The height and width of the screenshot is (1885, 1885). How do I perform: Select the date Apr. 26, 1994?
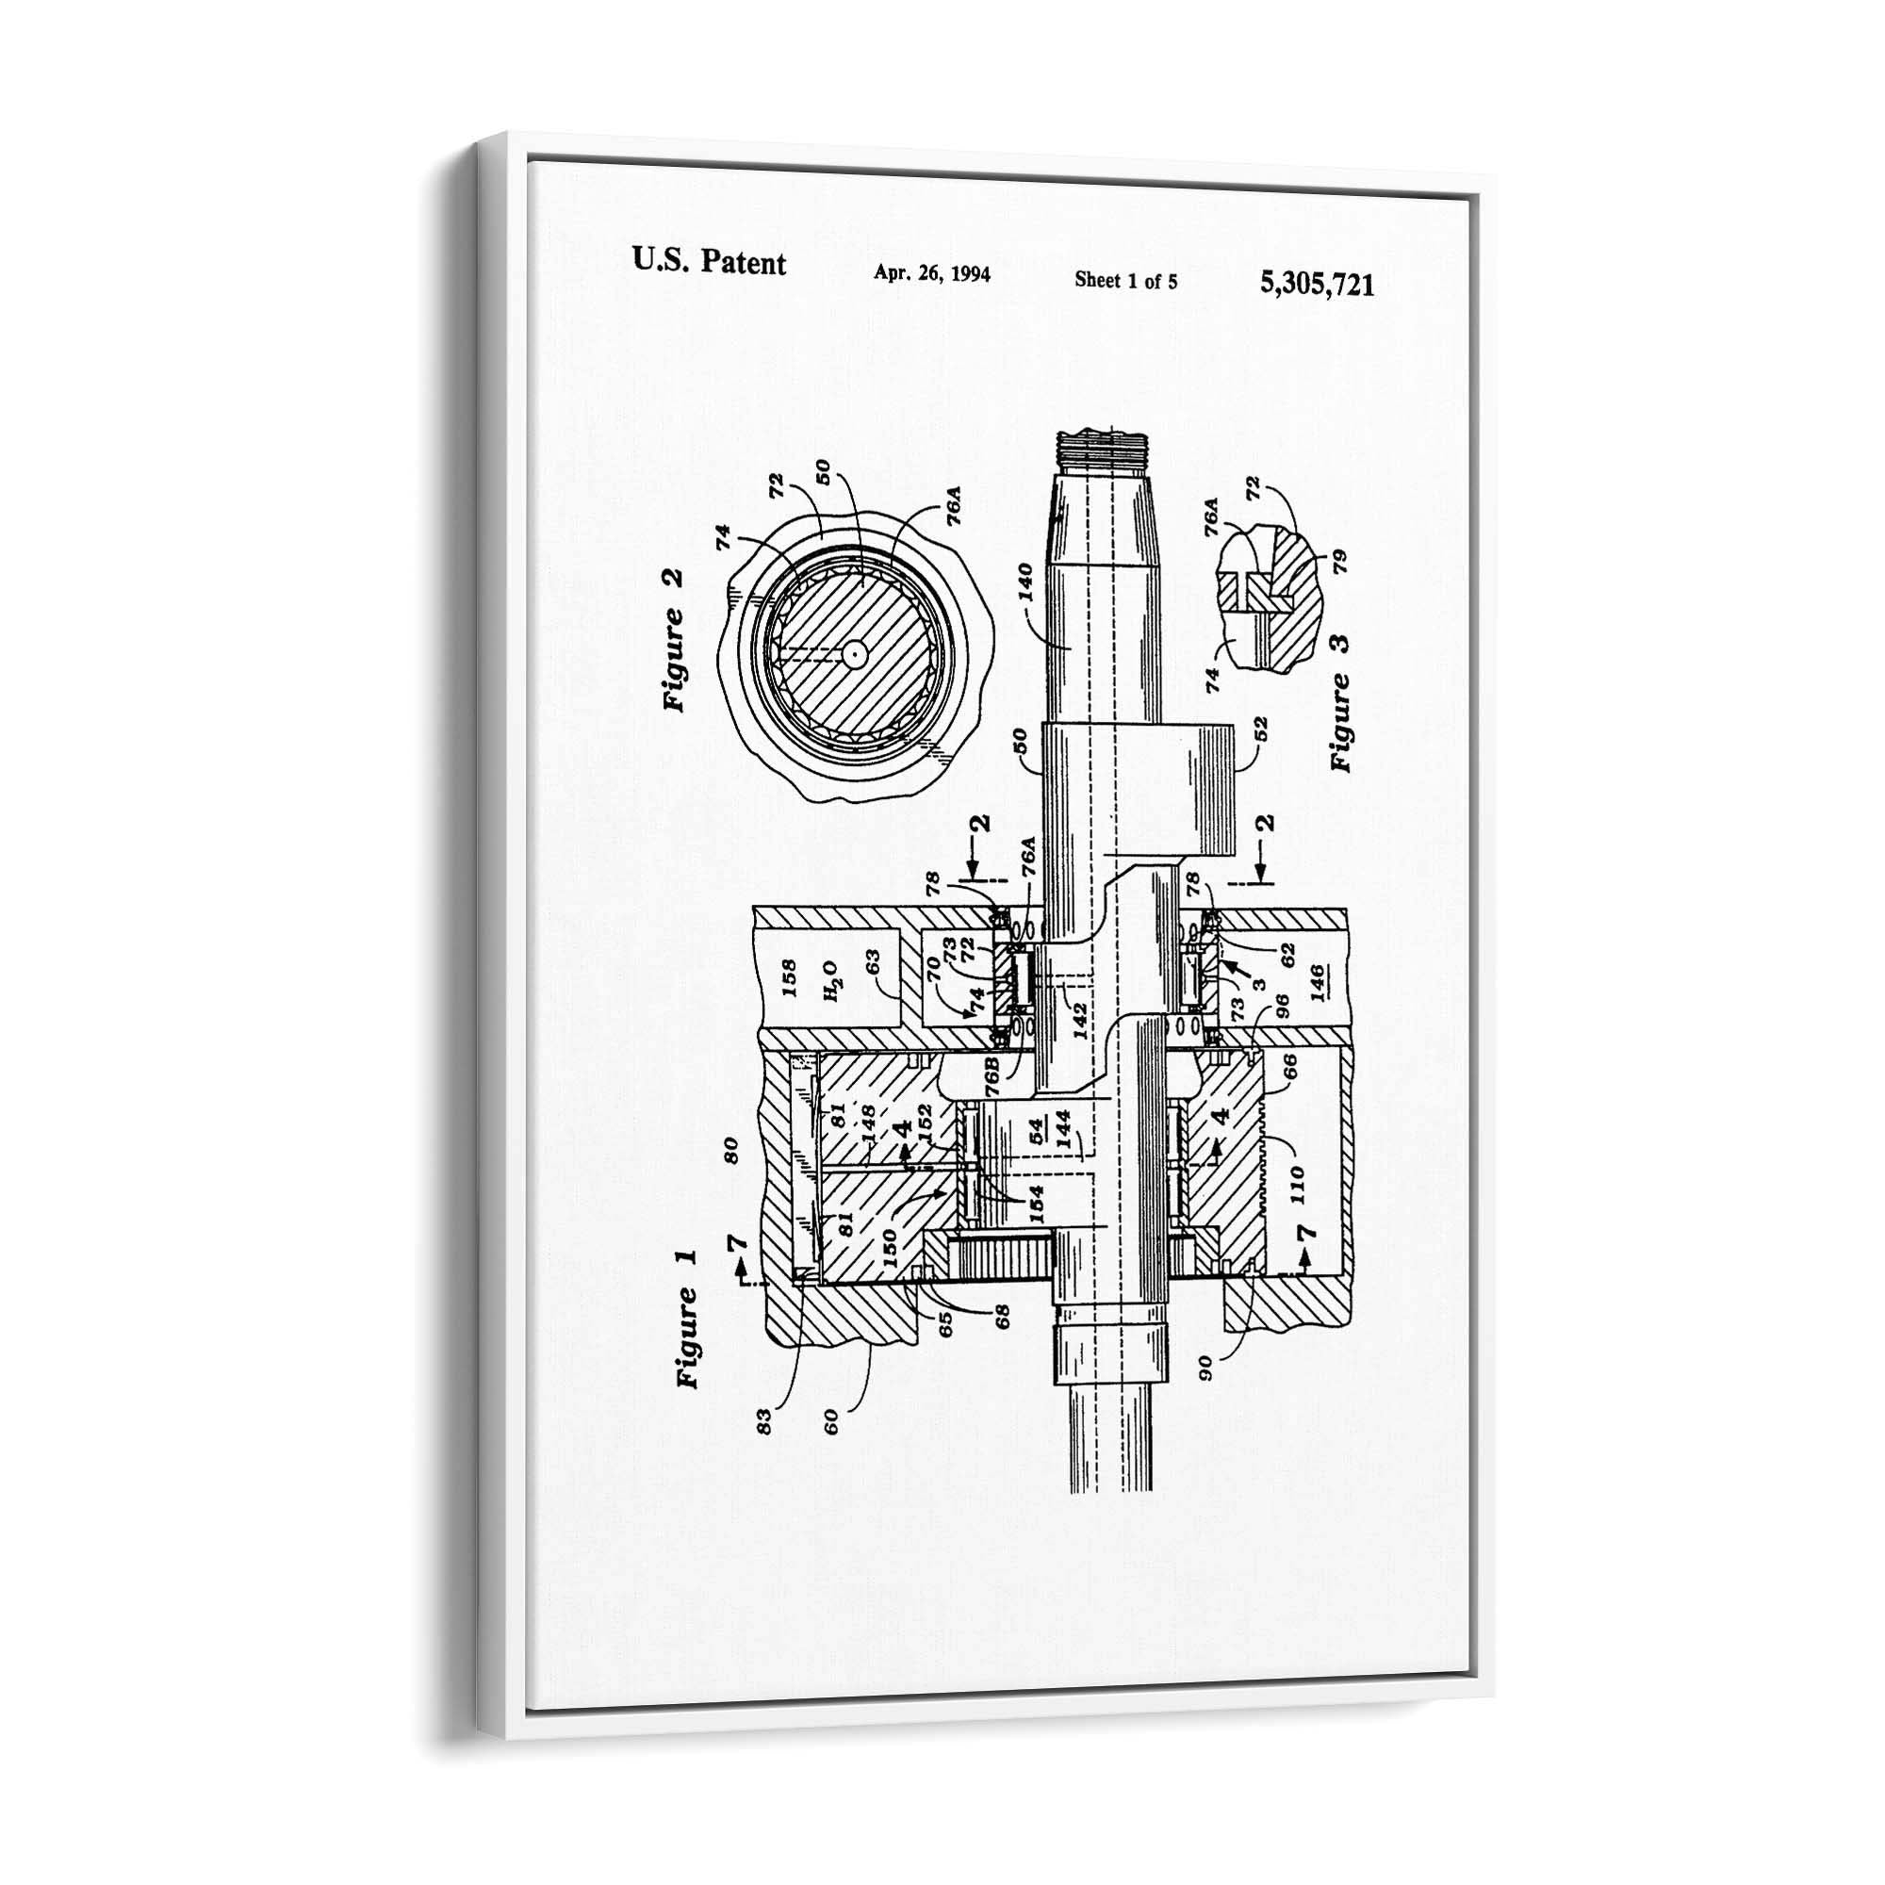click(932, 273)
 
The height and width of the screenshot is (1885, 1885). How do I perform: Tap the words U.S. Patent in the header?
click(709, 261)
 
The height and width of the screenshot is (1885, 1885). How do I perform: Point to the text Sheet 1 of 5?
click(1125, 281)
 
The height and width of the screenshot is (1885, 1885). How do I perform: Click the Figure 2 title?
click(674, 640)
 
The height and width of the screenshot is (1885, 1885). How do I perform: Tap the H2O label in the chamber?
click(830, 979)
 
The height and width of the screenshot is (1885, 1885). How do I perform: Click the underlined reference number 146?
click(1316, 978)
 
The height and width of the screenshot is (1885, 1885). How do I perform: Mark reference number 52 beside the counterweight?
click(1259, 729)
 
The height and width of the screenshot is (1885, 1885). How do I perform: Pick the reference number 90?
click(1206, 1368)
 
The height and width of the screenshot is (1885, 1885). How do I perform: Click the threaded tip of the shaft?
click(1104, 450)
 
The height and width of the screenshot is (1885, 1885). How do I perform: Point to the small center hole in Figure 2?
click(855, 655)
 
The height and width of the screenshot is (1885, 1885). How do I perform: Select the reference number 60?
click(831, 1420)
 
